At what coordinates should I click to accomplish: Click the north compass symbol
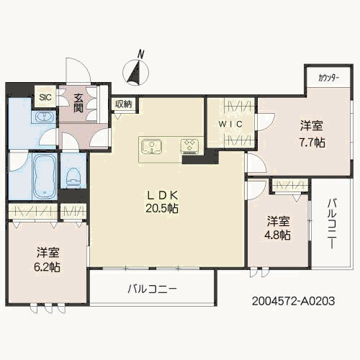pos(135,72)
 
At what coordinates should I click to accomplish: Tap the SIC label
pos(45,97)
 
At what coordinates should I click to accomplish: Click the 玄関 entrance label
pos(78,103)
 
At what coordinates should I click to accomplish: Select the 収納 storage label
pos(124,104)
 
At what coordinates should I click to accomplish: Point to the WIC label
pos(230,124)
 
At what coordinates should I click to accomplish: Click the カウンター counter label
pos(328,78)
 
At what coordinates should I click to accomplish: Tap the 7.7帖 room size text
pos(312,143)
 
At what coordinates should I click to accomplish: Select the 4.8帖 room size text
pos(277,235)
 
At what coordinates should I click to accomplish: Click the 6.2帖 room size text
pos(47,266)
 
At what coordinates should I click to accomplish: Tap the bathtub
pos(45,176)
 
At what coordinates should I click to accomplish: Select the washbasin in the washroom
pos(44,117)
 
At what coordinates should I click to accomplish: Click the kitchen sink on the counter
pos(152,146)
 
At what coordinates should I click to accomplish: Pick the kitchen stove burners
pos(189,145)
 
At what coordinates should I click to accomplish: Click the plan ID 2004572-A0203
pos(293,301)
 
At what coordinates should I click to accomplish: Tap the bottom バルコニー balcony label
pos(152,289)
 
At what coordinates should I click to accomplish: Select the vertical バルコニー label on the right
pos(332,223)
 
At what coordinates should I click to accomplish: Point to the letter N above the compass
pos(141,54)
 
